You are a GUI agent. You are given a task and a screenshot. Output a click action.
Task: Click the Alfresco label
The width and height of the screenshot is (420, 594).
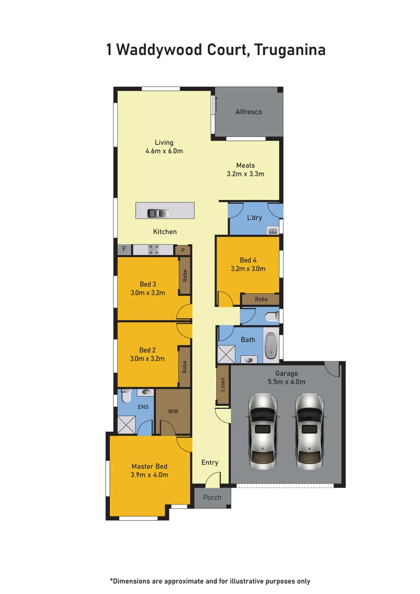pyautogui.click(x=249, y=112)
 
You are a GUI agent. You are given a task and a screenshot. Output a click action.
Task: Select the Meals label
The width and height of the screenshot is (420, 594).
pyautogui.click(x=246, y=166)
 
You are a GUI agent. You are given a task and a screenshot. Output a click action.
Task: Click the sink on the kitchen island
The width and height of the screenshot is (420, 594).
pyautogui.click(x=159, y=213)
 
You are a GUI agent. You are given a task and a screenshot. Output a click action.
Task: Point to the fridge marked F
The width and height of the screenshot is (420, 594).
pyautogui.click(x=124, y=250)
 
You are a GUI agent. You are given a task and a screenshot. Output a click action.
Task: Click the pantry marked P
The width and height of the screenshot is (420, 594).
pyautogui.click(x=183, y=250)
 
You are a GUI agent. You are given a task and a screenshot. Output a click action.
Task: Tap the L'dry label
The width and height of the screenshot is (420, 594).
pyautogui.click(x=255, y=218)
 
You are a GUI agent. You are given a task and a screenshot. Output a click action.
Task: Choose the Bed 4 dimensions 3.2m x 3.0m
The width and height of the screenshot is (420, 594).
pyautogui.click(x=248, y=269)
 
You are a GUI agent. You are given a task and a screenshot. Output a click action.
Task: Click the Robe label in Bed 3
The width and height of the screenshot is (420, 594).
pyautogui.click(x=185, y=275)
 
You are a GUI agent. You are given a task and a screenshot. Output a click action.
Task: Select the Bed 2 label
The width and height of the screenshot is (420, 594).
pyautogui.click(x=148, y=350)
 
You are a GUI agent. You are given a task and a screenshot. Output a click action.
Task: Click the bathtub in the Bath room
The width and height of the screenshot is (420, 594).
pyautogui.click(x=271, y=345)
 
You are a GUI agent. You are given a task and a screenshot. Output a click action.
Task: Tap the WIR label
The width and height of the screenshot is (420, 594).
pyautogui.click(x=172, y=411)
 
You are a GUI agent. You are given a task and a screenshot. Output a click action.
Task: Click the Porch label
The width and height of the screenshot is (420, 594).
pyautogui.click(x=212, y=497)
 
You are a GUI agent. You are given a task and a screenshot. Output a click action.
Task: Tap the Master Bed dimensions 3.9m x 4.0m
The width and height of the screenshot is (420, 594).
pyautogui.click(x=149, y=475)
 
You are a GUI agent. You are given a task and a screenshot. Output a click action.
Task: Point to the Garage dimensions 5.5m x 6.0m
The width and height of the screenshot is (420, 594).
pyautogui.click(x=286, y=382)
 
